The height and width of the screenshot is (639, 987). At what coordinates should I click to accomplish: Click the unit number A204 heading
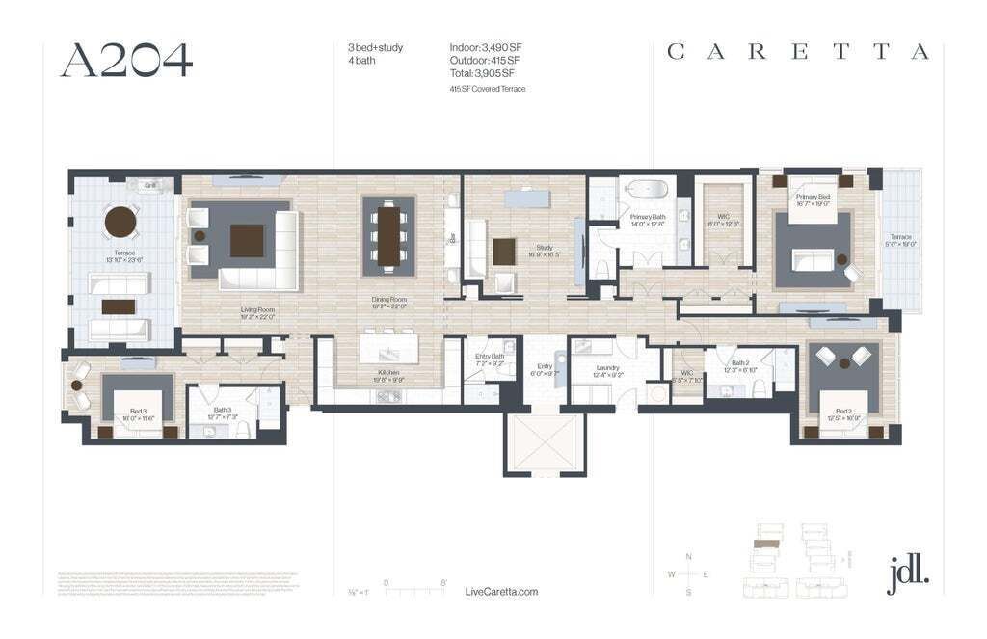point(126,60)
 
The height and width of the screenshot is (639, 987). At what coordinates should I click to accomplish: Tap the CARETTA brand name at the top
point(798,52)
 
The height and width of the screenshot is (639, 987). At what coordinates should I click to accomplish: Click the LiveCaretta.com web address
point(501,592)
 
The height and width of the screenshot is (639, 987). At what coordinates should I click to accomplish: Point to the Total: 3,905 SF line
point(483,72)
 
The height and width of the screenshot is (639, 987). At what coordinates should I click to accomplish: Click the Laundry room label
point(607,368)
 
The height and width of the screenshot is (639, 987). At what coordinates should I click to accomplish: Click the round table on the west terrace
point(120,223)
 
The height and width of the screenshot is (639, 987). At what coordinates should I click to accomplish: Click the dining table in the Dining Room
point(388,235)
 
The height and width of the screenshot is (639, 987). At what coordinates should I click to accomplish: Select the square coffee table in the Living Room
point(247,240)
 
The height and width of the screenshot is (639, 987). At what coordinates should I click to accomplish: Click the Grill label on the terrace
point(149,184)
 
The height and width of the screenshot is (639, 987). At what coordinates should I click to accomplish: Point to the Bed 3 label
point(138,411)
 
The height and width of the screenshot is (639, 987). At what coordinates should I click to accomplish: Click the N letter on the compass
point(688,557)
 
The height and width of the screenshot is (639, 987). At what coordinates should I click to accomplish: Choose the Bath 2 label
point(740,364)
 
